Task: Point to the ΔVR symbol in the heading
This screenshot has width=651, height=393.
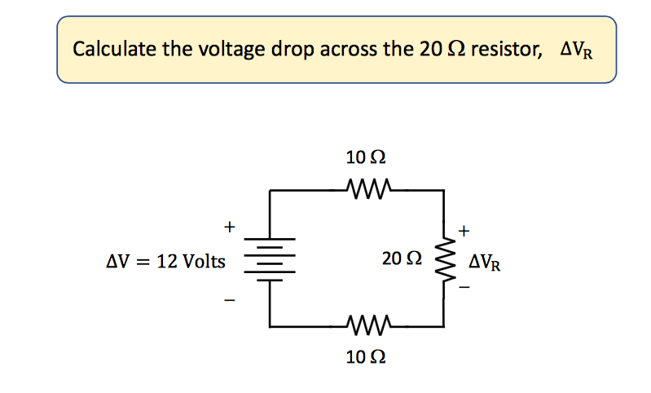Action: pyautogui.click(x=577, y=51)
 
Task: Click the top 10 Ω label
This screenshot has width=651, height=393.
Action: pyautogui.click(x=361, y=155)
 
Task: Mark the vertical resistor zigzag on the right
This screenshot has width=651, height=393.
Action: pyautogui.click(x=444, y=258)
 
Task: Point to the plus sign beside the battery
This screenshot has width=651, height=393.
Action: pyautogui.click(x=230, y=224)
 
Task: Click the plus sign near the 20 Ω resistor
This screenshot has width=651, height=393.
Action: pyautogui.click(x=464, y=231)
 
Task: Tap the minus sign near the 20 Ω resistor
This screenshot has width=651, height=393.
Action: pyautogui.click(x=464, y=288)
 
